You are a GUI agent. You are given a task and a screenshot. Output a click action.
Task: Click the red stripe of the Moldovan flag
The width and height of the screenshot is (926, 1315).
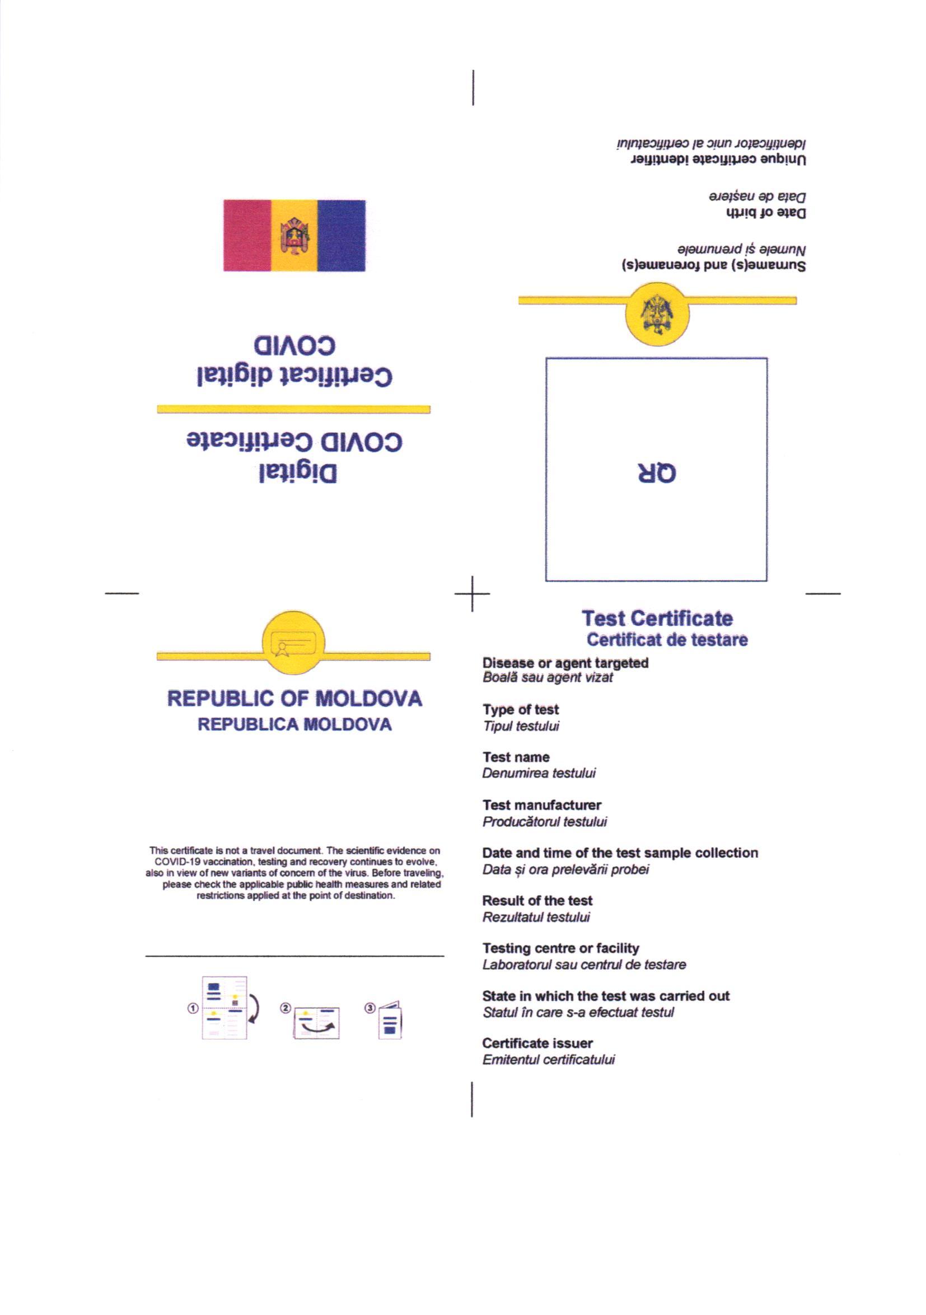tap(247, 235)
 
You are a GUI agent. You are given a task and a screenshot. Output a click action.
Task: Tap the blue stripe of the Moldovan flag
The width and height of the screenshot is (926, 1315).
tap(342, 235)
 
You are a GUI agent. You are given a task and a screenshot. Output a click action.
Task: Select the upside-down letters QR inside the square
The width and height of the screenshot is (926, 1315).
tap(657, 473)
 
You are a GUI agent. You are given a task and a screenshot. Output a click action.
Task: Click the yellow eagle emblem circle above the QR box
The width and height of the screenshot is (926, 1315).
tap(657, 314)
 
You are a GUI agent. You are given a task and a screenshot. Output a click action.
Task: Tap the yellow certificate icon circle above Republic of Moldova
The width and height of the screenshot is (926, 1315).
tap(293, 643)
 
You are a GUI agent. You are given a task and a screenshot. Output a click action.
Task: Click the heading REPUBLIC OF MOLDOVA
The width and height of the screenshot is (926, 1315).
tap(294, 699)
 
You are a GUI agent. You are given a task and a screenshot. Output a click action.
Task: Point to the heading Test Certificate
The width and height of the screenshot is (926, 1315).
tap(657, 619)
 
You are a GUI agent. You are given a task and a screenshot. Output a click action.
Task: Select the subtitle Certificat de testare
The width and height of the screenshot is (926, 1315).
tap(667, 640)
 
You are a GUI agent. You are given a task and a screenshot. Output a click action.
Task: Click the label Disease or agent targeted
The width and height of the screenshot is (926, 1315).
tap(565, 663)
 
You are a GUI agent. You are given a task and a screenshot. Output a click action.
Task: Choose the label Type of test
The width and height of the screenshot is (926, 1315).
tap(521, 710)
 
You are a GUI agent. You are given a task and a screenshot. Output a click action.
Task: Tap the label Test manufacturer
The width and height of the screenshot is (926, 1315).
tap(542, 805)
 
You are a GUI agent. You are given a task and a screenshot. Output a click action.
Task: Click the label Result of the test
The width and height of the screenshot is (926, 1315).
tap(537, 900)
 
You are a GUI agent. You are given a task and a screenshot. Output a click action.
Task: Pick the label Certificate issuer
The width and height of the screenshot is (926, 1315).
tap(537, 1043)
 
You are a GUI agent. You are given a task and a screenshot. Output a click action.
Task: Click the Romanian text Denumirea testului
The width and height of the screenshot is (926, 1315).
tap(539, 773)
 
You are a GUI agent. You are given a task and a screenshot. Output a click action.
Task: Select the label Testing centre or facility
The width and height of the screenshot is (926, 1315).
tap(560, 948)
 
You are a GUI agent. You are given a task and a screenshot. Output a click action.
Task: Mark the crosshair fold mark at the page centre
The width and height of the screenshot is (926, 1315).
tap(473, 594)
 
